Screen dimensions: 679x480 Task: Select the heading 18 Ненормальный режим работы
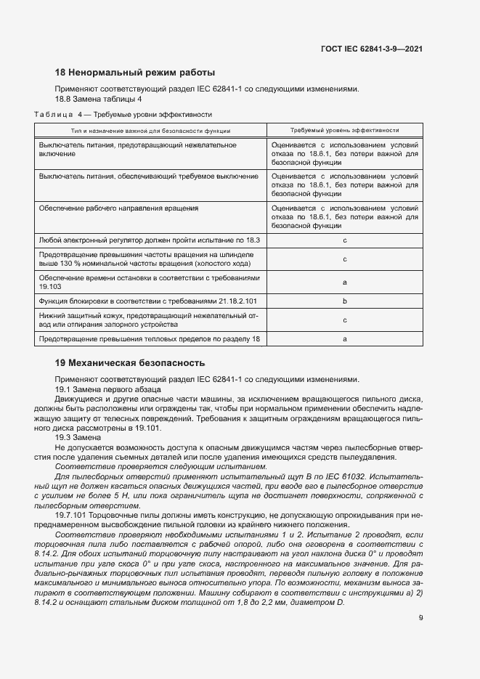click(x=135, y=73)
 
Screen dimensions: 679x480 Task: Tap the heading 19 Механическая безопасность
click(x=131, y=362)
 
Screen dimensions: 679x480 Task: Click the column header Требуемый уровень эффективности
click(x=344, y=130)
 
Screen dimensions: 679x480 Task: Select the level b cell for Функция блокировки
click(x=344, y=301)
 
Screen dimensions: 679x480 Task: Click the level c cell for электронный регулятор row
click(x=344, y=240)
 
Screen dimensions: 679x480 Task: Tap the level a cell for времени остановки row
click(x=344, y=282)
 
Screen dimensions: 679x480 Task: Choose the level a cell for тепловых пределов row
click(x=344, y=338)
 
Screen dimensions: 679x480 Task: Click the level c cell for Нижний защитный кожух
click(x=344, y=320)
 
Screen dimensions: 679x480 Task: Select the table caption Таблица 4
click(x=60, y=114)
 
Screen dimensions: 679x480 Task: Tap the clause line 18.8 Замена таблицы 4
click(x=99, y=99)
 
